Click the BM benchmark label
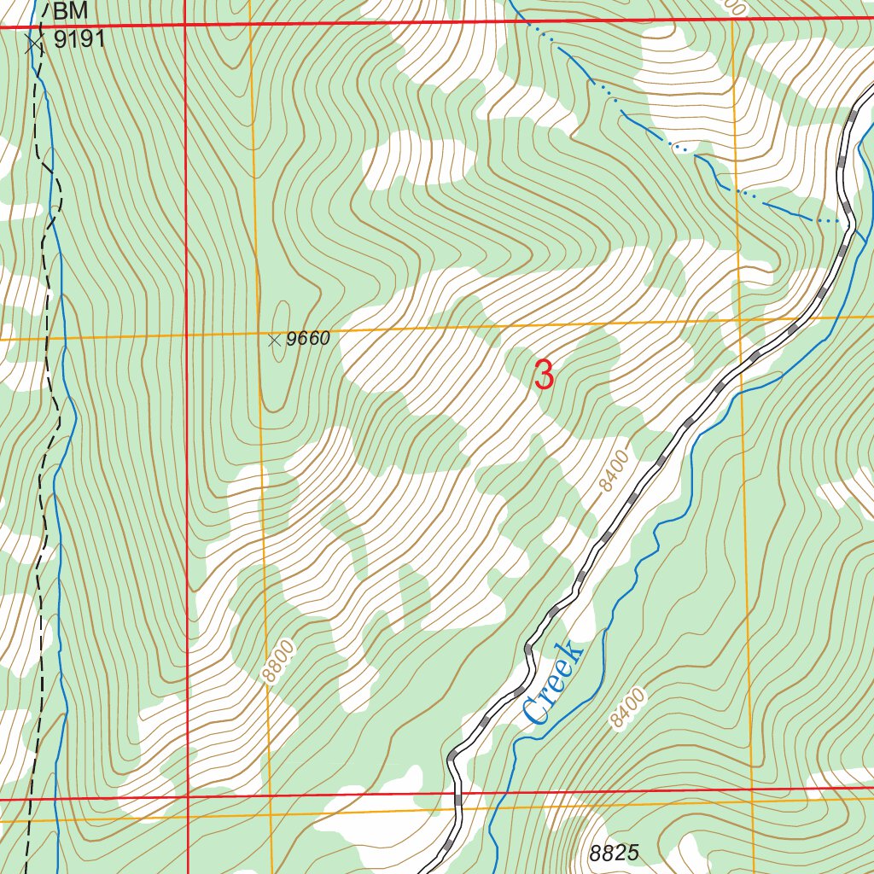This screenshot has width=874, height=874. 70,12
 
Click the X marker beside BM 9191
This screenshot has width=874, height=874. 33,44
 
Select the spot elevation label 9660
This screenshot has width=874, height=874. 307,340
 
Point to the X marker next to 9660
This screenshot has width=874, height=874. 274,341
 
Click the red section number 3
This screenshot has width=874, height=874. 544,376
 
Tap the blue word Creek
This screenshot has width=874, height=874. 553,683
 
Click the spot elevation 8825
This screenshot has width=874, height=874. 614,853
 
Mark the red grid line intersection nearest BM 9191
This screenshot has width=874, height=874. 185,26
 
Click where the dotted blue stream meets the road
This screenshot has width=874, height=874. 850,223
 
